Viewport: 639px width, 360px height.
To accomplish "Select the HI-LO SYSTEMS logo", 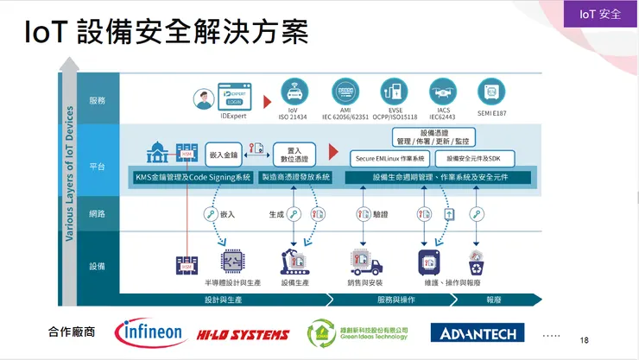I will [x=242, y=334].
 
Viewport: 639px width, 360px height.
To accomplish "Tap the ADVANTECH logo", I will [x=472, y=333].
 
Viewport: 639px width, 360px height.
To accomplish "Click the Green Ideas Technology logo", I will [x=357, y=333].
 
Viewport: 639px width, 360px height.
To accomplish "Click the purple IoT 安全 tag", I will [x=599, y=13].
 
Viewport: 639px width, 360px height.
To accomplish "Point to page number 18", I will [x=585, y=340].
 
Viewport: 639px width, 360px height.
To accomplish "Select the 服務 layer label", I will [x=97, y=101].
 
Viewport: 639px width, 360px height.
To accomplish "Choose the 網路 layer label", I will [x=97, y=213].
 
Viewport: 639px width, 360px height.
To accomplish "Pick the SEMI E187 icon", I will [x=491, y=91].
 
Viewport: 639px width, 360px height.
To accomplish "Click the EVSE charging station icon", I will [x=394, y=90].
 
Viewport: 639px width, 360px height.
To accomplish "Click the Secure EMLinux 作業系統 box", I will [x=390, y=159].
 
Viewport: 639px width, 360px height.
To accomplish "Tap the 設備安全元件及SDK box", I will [x=479, y=159].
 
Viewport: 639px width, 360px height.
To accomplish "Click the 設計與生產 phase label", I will [x=222, y=300].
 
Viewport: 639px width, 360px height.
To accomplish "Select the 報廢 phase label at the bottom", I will [x=495, y=300].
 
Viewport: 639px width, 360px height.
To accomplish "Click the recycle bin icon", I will [x=475, y=262].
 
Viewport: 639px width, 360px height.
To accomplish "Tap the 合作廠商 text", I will [x=73, y=332].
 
